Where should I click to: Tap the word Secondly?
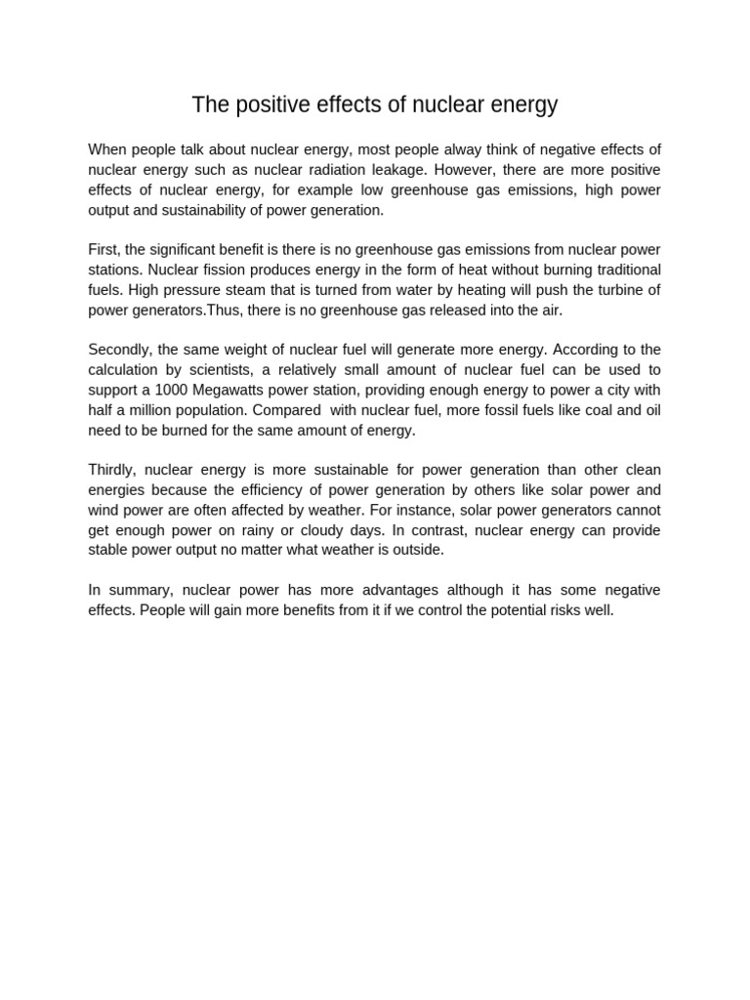click(x=119, y=350)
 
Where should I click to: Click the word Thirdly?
click(x=112, y=470)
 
